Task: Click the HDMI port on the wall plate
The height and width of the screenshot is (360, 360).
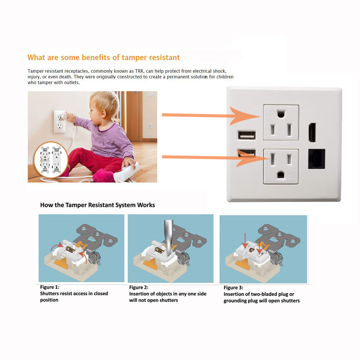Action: pos(312,132)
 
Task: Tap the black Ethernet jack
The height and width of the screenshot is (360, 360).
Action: pos(317,159)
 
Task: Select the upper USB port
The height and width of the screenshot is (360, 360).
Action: pos(247,135)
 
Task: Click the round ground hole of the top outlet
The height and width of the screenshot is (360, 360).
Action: pos(281,114)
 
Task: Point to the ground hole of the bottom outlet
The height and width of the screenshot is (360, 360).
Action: pos(281,175)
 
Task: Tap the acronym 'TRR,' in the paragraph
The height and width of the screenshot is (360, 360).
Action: pos(140,71)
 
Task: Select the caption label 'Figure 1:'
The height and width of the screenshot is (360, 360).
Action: pos(50,287)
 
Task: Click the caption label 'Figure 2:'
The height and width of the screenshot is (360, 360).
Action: pos(139,287)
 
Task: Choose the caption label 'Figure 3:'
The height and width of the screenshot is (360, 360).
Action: pos(233,288)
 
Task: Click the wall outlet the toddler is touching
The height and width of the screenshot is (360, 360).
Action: pos(59,122)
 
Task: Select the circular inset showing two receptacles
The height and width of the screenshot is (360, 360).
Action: pos(51,160)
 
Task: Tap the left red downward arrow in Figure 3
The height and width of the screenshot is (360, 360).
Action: pos(245,241)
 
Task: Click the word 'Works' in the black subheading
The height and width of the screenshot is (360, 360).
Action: pos(146,205)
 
